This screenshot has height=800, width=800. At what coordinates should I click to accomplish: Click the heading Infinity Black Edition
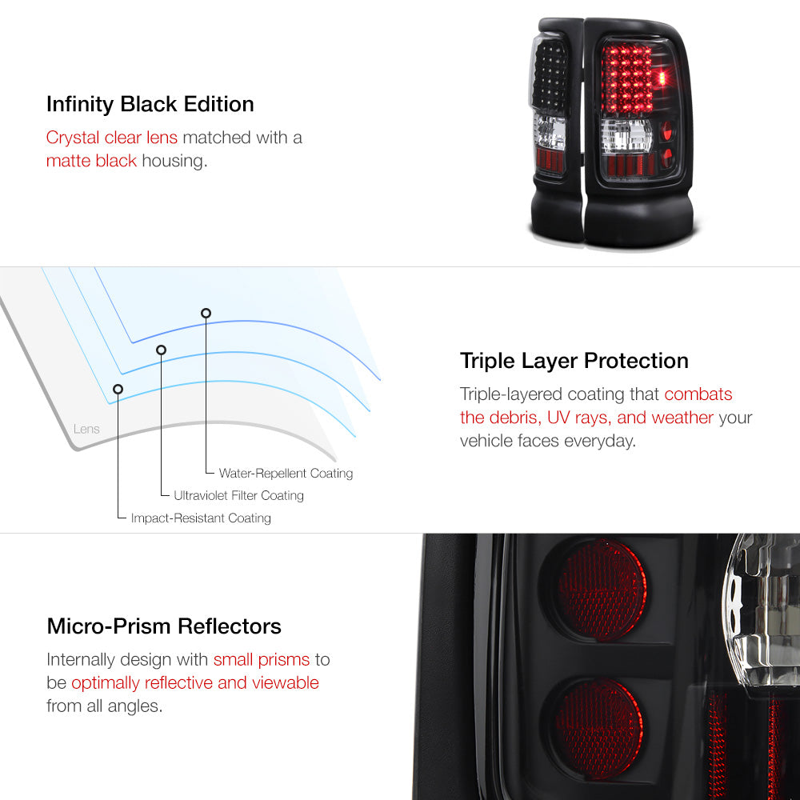click(x=150, y=104)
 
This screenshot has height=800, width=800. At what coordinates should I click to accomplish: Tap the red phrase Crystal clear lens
click(x=112, y=138)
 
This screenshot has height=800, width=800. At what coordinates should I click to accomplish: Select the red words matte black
click(x=91, y=161)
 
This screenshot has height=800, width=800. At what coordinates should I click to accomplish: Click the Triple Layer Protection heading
click(x=574, y=362)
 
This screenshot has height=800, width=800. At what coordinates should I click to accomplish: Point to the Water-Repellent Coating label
click(x=286, y=474)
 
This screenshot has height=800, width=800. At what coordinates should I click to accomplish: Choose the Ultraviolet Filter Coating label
click(x=238, y=495)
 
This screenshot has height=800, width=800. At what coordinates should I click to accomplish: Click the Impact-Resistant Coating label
click(x=201, y=518)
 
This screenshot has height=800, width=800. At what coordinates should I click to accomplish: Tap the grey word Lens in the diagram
click(x=86, y=429)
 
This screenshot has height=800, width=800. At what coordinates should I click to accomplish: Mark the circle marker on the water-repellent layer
click(x=206, y=314)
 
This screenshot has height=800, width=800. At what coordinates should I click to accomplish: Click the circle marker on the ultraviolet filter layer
click(x=162, y=350)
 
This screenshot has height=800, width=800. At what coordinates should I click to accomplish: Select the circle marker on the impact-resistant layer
click(x=118, y=390)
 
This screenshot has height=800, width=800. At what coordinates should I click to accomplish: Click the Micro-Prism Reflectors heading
click(x=164, y=626)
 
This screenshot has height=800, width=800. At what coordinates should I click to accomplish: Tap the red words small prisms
click(x=262, y=660)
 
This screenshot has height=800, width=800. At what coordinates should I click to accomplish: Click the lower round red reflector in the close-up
click(x=599, y=729)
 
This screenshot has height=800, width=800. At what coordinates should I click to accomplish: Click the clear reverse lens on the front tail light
click(x=627, y=136)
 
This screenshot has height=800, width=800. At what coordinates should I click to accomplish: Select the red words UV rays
click(x=578, y=418)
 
